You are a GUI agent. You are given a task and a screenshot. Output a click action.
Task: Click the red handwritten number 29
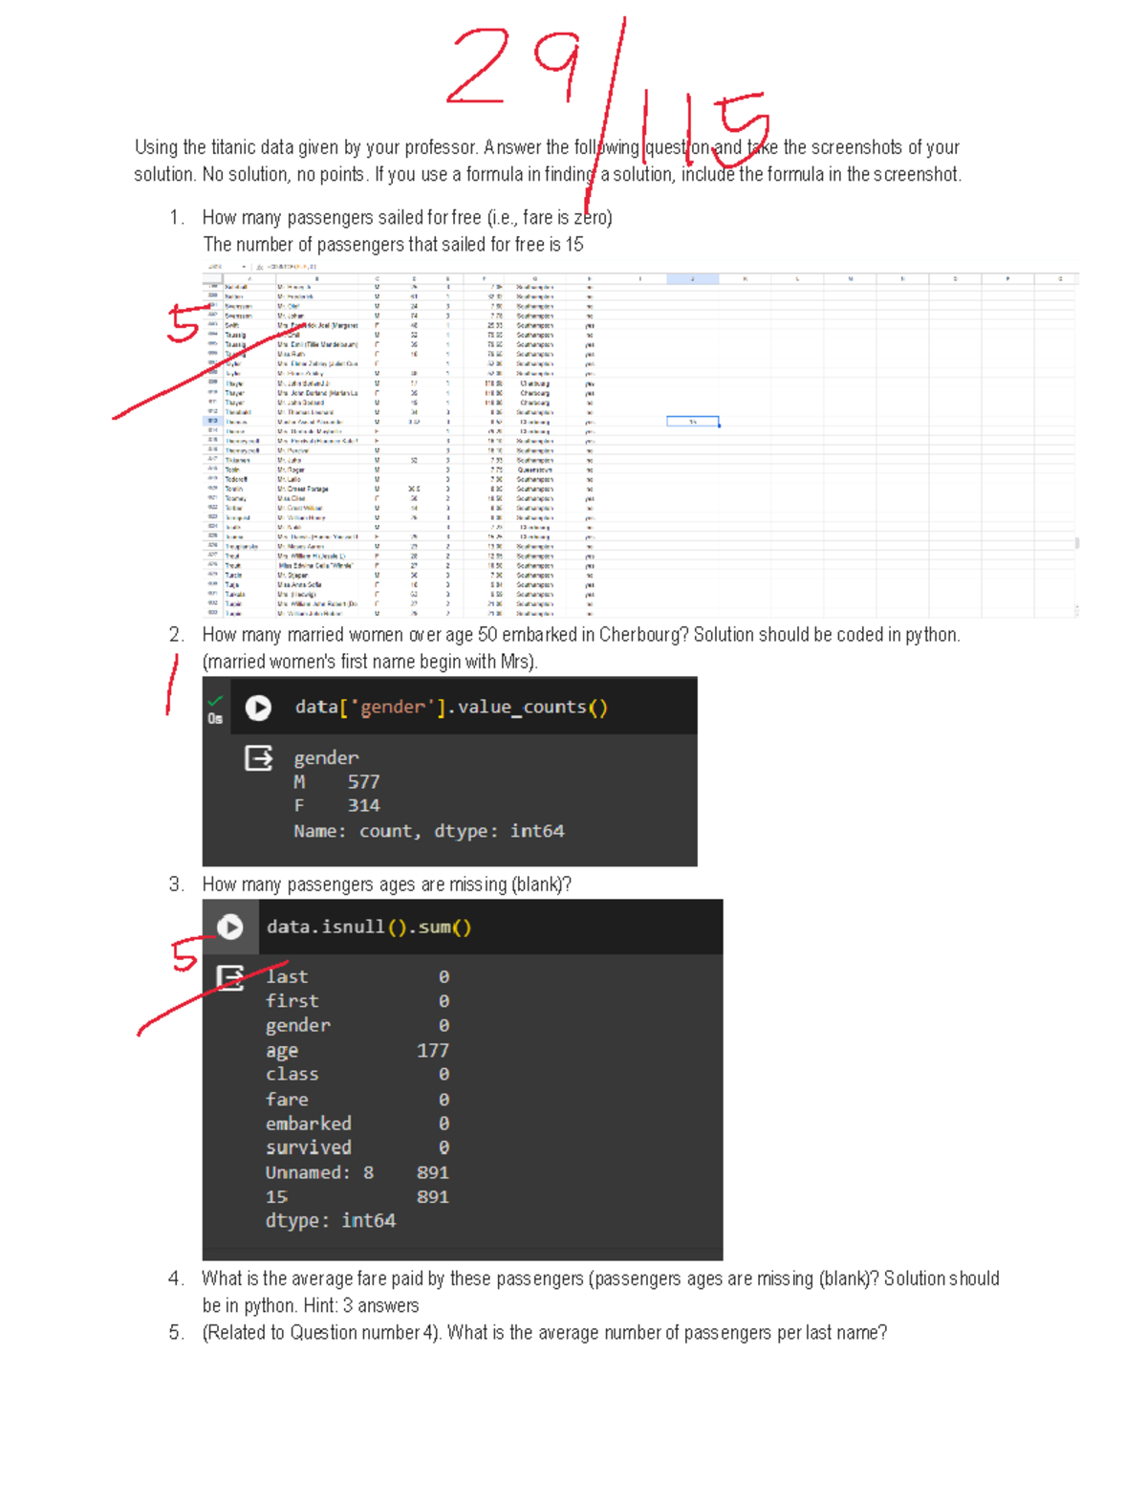click(x=511, y=67)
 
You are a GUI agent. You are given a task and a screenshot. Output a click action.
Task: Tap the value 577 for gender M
click(x=363, y=782)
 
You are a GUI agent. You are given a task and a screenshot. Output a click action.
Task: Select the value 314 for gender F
click(x=363, y=806)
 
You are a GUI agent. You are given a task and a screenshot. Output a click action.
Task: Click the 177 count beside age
click(x=432, y=1050)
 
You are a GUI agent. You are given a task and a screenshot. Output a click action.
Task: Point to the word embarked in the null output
click(x=308, y=1124)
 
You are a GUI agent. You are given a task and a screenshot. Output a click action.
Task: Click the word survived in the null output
click(x=308, y=1147)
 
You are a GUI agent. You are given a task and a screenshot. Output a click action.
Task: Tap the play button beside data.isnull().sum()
click(x=230, y=927)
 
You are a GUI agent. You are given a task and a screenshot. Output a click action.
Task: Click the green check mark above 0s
click(x=215, y=700)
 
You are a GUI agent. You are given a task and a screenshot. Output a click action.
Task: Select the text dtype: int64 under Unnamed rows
click(x=330, y=1221)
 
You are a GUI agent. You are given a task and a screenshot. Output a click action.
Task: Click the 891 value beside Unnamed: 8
click(x=432, y=1172)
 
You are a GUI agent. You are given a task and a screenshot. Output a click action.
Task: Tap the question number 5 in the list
click(x=175, y=1333)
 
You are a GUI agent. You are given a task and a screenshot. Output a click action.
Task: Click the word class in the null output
click(x=292, y=1075)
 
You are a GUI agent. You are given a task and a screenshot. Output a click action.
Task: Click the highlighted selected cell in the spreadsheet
click(x=692, y=422)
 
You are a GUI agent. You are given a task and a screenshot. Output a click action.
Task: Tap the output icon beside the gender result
click(x=258, y=758)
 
